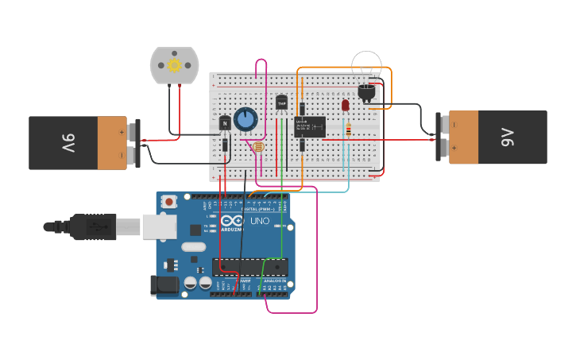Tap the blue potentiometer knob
tap(245, 119)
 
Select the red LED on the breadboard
tap(345, 105)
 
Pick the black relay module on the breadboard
tap(309, 126)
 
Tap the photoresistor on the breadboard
tap(257, 146)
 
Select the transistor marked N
tap(225, 123)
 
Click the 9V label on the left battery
tap(68, 143)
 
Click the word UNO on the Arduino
tap(260, 221)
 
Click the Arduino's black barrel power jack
tap(163, 285)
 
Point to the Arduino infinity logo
tap(232, 221)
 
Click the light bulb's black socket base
tap(367, 92)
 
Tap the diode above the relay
tap(302, 109)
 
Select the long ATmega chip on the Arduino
tap(249, 267)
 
